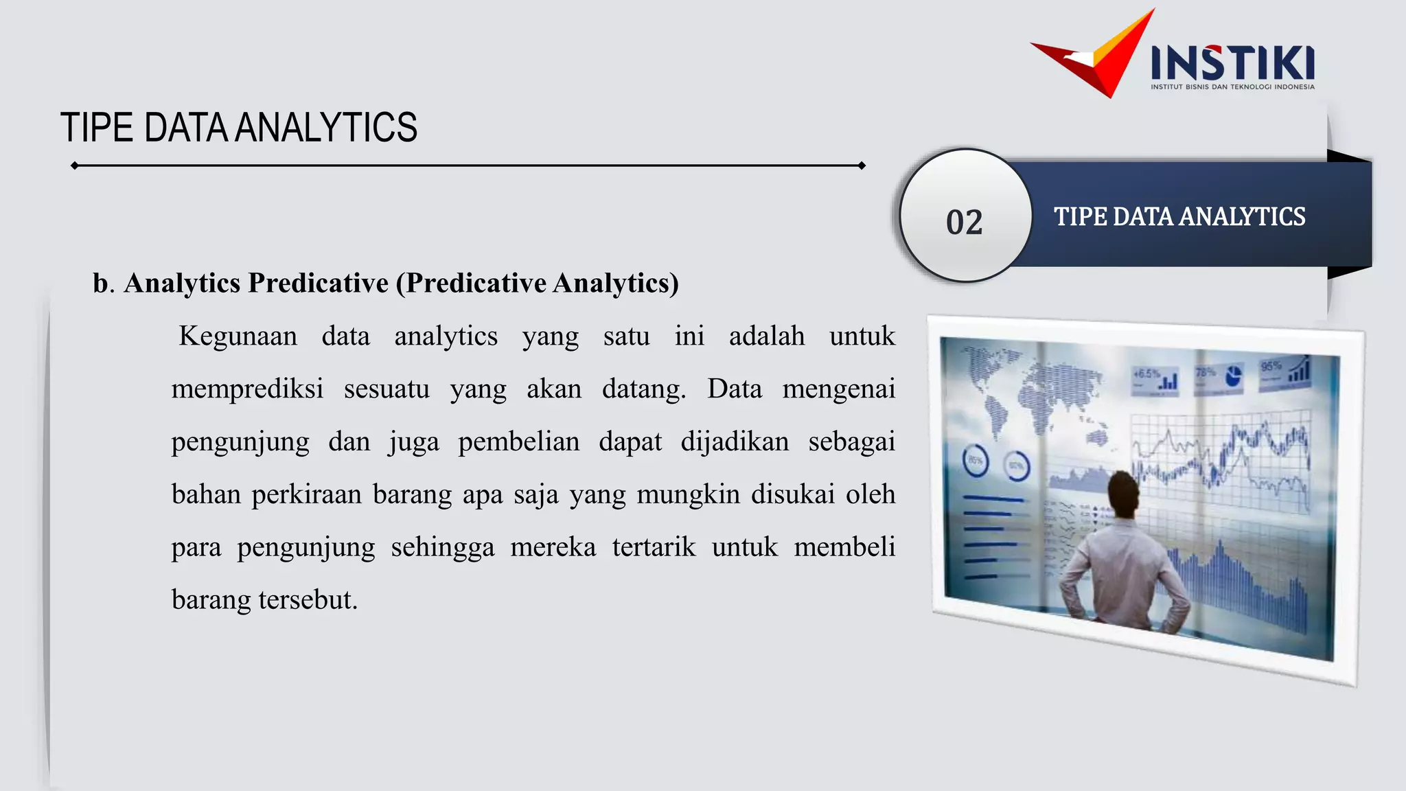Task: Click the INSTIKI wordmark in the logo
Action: [1232, 63]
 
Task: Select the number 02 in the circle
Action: [965, 222]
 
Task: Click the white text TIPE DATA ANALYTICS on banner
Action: [1179, 217]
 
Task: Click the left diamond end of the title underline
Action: [74, 165]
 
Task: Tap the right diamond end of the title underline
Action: [862, 165]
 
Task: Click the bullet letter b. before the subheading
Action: [103, 284]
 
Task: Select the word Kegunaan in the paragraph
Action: [238, 336]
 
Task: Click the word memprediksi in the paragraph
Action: [247, 389]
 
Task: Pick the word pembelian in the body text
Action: [518, 442]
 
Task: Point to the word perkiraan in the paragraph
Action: [306, 494]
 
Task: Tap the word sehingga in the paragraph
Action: [442, 547]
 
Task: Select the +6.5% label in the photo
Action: [1146, 374]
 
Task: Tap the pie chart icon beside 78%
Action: [1234, 376]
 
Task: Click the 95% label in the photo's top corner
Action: [1271, 367]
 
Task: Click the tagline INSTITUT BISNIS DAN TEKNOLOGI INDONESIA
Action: [1232, 87]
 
